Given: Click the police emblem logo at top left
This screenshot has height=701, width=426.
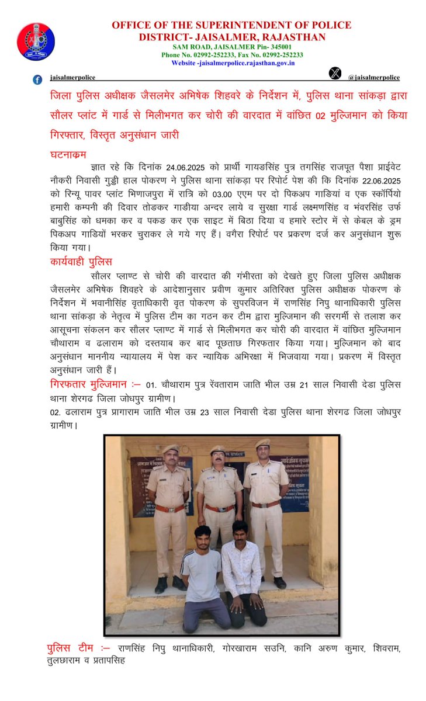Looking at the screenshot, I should point(36,41).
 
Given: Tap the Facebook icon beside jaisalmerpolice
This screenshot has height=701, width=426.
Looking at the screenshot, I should point(38,79).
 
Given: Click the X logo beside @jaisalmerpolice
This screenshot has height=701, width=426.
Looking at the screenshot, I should point(334,74).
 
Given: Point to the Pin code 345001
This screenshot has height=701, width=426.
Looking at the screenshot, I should point(276,46).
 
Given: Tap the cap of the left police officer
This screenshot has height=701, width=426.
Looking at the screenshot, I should point(170,449).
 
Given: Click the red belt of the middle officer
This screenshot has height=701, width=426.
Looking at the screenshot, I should point(219,508).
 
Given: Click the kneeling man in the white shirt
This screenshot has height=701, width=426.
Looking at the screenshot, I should point(241,572).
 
